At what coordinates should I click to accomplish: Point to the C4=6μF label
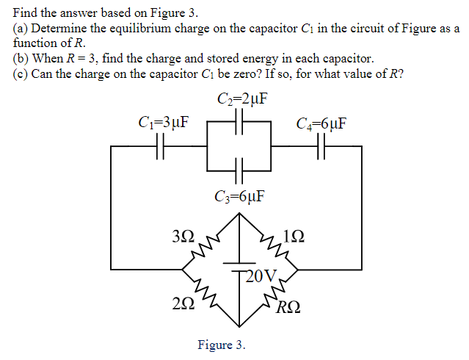point(321,122)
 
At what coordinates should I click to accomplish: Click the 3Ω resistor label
point(183,237)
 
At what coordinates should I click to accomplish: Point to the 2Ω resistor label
point(183,303)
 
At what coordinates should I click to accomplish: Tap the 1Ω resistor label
point(291,237)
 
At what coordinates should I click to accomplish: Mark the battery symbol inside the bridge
point(238,266)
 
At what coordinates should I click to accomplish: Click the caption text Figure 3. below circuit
point(222,345)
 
